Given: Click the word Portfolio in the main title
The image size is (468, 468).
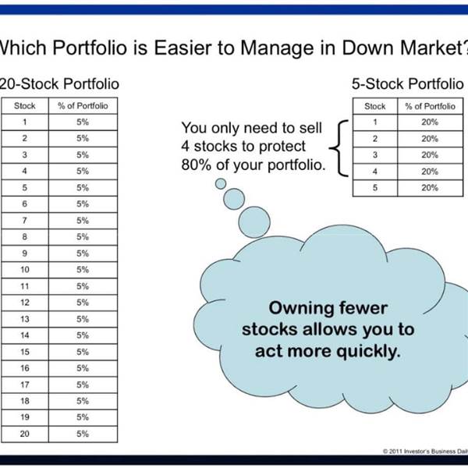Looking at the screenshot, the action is tap(90, 48).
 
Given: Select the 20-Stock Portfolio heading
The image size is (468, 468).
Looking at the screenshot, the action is tap(59, 84).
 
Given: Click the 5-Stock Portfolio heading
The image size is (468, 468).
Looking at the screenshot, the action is tap(407, 84).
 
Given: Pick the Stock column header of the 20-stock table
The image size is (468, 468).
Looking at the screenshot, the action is tap(25, 106).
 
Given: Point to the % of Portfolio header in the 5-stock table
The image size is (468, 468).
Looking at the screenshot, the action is tap(430, 106).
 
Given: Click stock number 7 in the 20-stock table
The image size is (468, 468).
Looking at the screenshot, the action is tap(24, 221).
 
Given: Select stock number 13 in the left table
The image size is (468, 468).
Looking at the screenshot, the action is tap(25, 319).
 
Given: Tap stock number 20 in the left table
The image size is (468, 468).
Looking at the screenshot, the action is tap(25, 434).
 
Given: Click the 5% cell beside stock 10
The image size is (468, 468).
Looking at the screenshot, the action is tap(83, 270).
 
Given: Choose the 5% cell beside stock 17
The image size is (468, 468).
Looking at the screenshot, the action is tap(83, 385).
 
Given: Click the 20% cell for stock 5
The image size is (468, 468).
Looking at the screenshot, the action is tap(430, 188).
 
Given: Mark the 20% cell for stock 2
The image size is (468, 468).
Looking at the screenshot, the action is tap(430, 139).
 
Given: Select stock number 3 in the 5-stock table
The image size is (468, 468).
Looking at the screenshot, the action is tap(375, 155).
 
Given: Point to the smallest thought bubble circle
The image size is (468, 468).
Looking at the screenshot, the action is tap(221, 183).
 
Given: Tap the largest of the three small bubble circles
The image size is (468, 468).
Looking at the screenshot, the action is tap(254, 222).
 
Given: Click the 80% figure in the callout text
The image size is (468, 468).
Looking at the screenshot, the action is tap(196, 165).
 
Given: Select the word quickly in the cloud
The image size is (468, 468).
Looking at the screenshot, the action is tap(368, 351).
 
